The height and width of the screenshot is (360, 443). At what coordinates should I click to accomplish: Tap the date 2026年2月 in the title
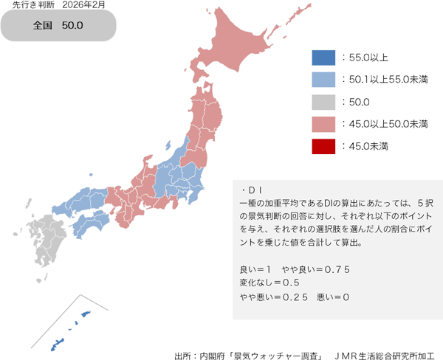85,6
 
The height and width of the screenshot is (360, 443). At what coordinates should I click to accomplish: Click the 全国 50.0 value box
59,26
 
